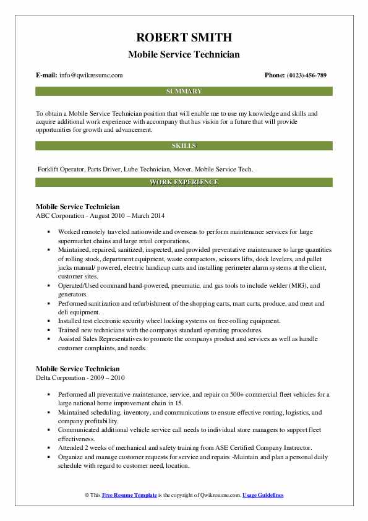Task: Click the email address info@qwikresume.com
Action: coord(92,75)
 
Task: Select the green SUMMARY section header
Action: coord(184,92)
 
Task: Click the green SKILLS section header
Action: coord(184,146)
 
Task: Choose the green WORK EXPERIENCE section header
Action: coord(184,183)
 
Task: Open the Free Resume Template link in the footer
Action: coord(130,496)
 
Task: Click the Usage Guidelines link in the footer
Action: coord(263,496)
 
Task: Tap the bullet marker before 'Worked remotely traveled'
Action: coord(49,231)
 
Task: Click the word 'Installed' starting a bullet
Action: coord(72,321)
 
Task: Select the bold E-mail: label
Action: coord(46,75)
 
